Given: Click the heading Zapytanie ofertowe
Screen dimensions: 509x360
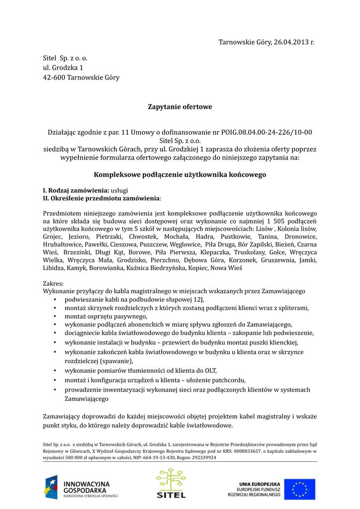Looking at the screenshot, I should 180,106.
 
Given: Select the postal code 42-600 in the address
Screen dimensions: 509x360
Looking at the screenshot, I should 53,77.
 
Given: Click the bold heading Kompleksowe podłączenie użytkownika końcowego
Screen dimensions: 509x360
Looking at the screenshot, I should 180,175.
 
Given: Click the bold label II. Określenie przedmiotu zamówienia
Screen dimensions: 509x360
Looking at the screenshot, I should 101,198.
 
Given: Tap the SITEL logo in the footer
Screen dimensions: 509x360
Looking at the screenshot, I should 171,483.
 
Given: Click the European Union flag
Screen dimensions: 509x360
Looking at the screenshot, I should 303,489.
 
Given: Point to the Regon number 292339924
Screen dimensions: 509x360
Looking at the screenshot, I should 200,457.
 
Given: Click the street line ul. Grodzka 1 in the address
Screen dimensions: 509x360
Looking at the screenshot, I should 63,68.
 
